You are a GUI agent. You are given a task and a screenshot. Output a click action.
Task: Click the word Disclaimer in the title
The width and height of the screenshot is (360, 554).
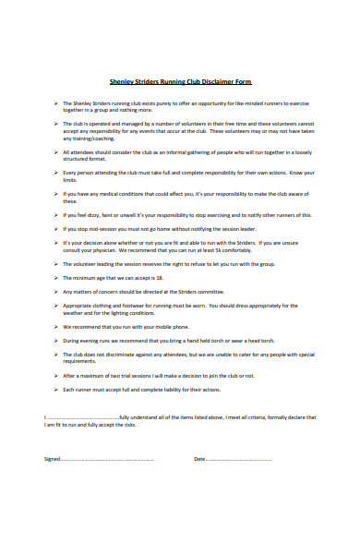pos(214,80)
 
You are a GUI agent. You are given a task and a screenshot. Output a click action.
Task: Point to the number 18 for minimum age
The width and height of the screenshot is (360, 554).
pos(162,278)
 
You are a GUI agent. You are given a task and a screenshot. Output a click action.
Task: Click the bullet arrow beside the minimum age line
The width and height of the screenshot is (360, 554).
pos(56,278)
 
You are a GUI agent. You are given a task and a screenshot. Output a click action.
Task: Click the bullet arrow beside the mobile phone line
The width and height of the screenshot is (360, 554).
pos(56,326)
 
